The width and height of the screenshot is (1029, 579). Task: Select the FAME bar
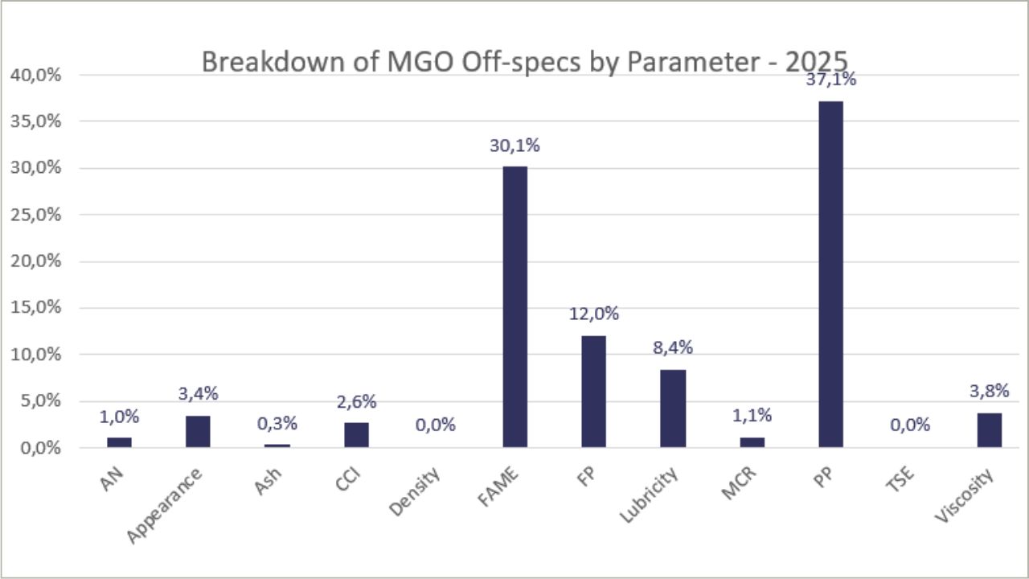point(514,306)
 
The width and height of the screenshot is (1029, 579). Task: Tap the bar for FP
point(593,391)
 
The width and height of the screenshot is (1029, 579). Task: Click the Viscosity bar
point(990,429)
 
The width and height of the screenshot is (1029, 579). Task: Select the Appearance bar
point(198,431)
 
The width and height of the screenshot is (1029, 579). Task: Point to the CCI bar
point(356,434)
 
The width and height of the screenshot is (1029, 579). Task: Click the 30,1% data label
point(514,146)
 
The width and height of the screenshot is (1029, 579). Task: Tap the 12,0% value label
point(594,314)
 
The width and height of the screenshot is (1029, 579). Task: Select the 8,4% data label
point(673,348)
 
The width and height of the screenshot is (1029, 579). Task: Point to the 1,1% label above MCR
point(752,416)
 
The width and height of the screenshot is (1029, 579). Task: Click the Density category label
point(416,493)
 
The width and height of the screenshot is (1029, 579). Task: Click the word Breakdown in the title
point(257,62)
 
